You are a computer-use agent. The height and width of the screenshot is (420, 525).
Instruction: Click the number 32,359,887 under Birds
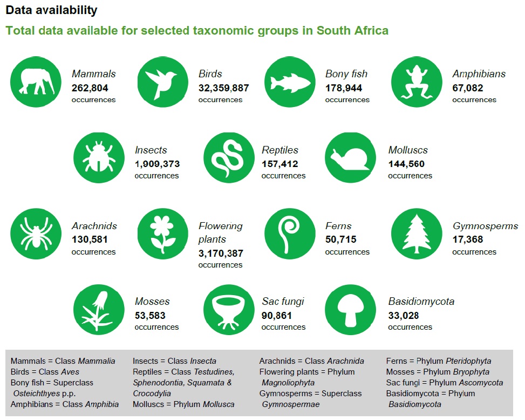(223, 88)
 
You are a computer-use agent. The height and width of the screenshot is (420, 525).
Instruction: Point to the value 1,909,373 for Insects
(157, 164)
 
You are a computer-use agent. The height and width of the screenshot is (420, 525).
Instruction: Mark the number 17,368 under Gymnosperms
(467, 239)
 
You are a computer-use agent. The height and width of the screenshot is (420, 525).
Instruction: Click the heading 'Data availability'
(51, 10)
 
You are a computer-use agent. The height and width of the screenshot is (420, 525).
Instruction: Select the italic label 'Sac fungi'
(283, 302)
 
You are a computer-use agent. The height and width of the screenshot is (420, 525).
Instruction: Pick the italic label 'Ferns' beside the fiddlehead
(338, 226)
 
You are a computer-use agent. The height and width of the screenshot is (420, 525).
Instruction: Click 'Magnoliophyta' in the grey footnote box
(288, 383)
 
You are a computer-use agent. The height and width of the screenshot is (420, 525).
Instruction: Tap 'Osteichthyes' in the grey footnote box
(36, 394)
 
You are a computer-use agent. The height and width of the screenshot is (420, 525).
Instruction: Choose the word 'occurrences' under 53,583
(156, 327)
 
